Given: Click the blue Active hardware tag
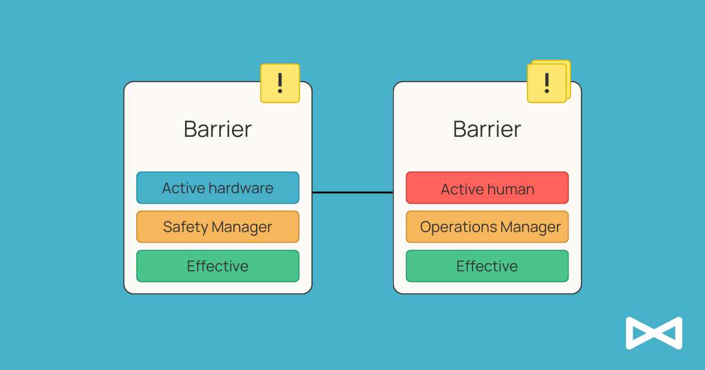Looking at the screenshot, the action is (x=218, y=187).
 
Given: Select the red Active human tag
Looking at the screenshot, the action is (x=487, y=187).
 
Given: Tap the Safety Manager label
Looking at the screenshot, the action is (x=218, y=227).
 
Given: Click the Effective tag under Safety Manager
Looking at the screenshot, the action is (x=218, y=266).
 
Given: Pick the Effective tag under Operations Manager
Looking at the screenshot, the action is (x=487, y=266).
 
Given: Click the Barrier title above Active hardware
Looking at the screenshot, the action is (x=218, y=129).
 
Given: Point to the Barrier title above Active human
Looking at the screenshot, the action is (x=487, y=129).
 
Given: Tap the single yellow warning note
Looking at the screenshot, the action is (x=280, y=83).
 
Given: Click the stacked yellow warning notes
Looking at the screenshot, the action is (x=549, y=82).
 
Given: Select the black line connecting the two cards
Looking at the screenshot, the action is (x=352, y=192).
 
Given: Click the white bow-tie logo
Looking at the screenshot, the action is (x=654, y=333).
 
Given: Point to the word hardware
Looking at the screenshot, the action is (x=241, y=188).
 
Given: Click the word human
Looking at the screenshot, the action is (x=511, y=189).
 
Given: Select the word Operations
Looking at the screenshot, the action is (x=458, y=227).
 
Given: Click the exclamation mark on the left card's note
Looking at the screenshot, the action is (x=280, y=83).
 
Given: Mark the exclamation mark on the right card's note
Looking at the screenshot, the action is (x=547, y=83).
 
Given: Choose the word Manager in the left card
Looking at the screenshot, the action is (x=241, y=227).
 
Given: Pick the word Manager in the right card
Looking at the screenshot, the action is (x=531, y=227).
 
